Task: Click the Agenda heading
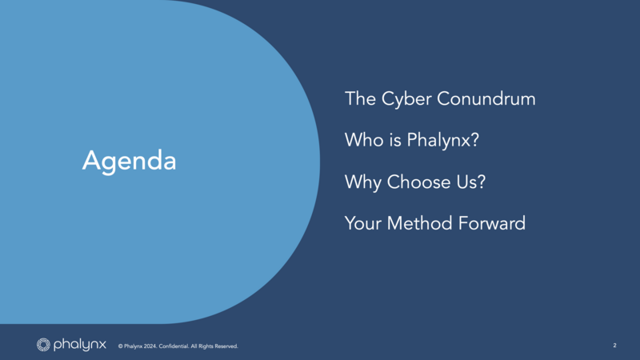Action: [129, 161]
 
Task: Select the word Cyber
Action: [406, 99]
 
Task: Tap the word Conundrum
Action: [486, 98]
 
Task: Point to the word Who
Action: [364, 140]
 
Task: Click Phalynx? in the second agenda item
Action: [443, 141]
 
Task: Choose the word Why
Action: [363, 182]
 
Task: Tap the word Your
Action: [363, 223]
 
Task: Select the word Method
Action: [419, 223]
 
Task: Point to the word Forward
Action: [491, 223]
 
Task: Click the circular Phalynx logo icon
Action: [43, 345]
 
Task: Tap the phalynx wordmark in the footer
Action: [79, 345]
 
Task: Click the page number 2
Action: [614, 346]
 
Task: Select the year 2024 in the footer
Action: [150, 346]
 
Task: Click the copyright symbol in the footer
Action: [121, 346]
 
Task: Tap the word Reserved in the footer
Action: [226, 346]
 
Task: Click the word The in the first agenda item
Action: [361, 98]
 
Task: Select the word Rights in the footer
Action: [206, 346]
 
